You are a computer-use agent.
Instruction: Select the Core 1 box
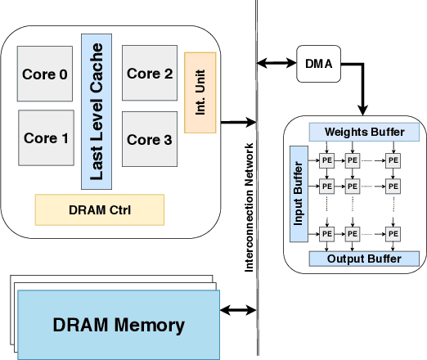(47, 137)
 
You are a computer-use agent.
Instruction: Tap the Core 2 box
(150, 74)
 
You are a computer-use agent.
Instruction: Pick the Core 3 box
(150, 139)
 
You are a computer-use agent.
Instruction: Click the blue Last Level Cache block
(96, 110)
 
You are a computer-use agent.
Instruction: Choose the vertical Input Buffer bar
(299, 193)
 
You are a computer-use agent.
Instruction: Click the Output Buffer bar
(364, 259)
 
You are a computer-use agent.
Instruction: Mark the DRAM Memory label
(119, 325)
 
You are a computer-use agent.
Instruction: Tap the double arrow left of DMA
(276, 63)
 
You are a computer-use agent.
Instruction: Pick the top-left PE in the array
(326, 161)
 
